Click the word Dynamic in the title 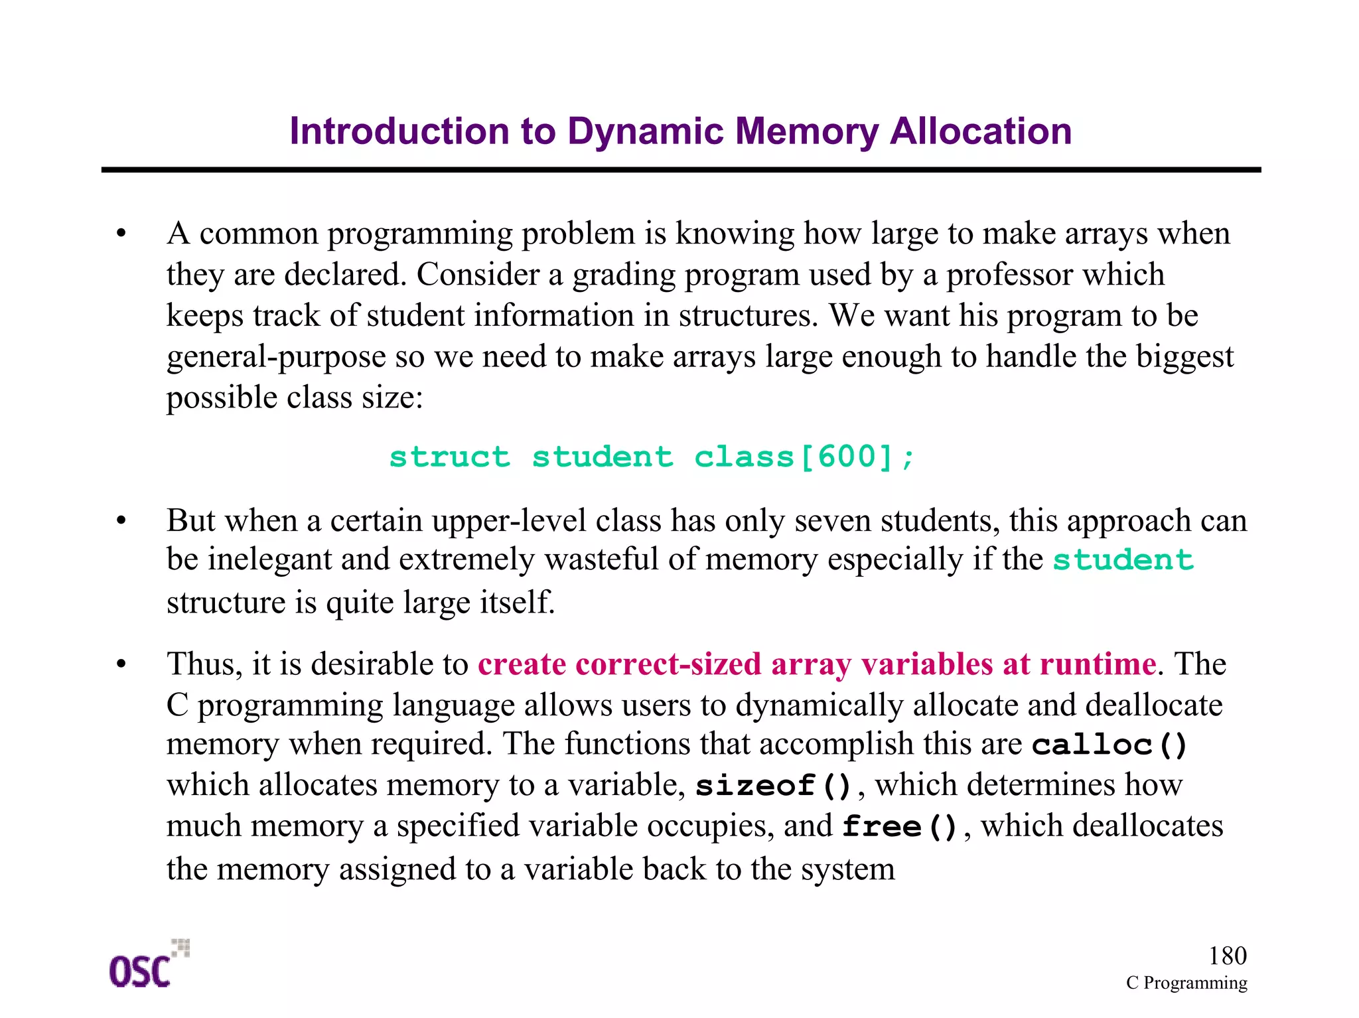coord(645,131)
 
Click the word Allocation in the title coord(980,131)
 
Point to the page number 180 coord(1227,956)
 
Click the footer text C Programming coord(1186,983)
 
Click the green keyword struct coord(449,457)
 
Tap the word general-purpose coord(276,357)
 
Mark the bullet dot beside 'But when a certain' coord(121,521)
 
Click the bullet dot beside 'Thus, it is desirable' coord(121,664)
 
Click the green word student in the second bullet coord(1123,560)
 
